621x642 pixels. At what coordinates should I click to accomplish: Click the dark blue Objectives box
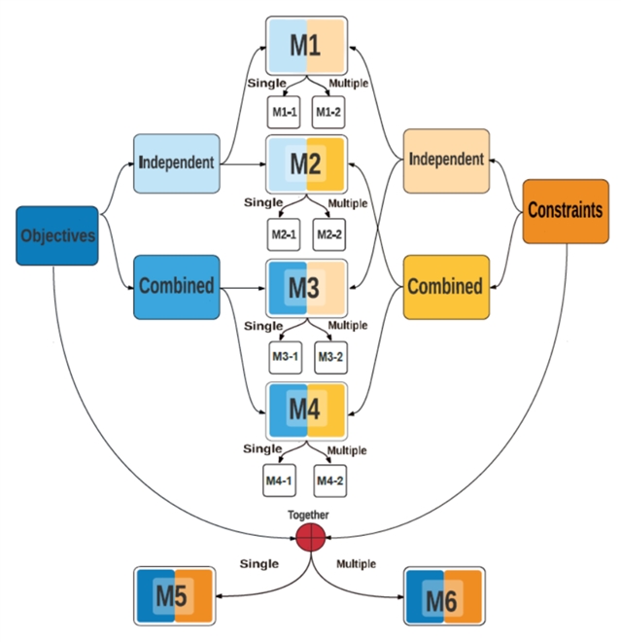(x=57, y=235)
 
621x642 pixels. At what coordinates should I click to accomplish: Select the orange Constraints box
(x=565, y=210)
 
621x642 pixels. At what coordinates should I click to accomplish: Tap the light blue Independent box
(x=176, y=161)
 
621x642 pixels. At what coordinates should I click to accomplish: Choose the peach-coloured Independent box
(x=446, y=160)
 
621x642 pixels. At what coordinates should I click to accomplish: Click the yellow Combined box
(x=445, y=287)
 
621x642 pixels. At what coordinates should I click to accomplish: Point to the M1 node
(x=306, y=45)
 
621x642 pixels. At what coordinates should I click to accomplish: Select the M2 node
(x=306, y=165)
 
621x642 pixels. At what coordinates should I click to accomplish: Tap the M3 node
(x=306, y=288)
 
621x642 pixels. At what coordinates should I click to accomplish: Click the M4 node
(x=306, y=410)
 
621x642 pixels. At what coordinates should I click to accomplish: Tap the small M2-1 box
(x=285, y=234)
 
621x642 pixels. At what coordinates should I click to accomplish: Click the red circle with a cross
(x=309, y=537)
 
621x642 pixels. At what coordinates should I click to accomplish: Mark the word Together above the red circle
(x=309, y=516)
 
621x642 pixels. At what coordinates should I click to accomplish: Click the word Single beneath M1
(x=265, y=83)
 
